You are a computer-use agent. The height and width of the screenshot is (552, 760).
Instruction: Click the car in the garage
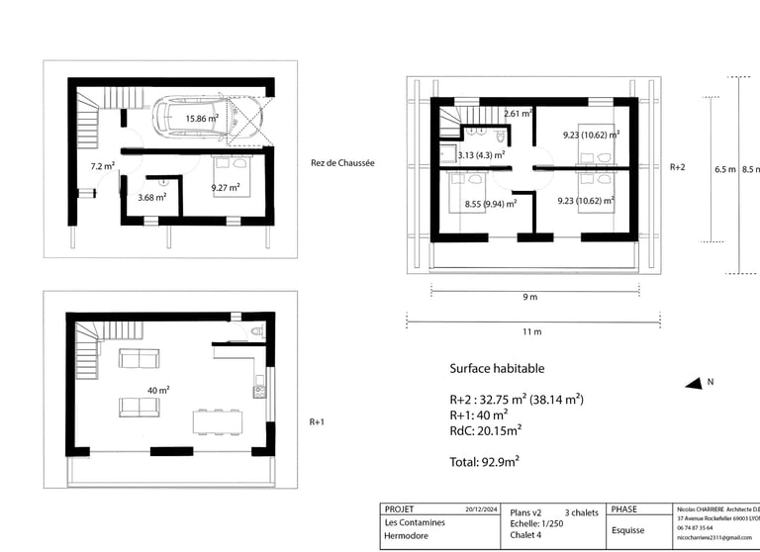tap(208, 118)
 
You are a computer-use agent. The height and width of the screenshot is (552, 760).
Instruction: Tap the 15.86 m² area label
tap(202, 119)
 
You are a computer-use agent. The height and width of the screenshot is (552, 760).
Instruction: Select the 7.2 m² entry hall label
tap(103, 166)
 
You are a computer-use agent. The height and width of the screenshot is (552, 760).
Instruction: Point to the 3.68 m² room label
tap(152, 197)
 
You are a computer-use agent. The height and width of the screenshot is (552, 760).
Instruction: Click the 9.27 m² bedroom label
tap(226, 188)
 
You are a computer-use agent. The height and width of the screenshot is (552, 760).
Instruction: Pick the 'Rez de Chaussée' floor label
tap(342, 163)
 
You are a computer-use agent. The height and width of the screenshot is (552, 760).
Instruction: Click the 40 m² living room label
tap(158, 390)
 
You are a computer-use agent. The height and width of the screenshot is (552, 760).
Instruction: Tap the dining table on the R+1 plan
tap(218, 421)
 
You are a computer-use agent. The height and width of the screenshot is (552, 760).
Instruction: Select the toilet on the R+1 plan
tap(257, 331)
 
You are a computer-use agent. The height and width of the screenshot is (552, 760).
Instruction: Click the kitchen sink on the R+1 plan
tap(260, 391)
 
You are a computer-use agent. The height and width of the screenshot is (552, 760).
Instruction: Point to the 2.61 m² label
tap(519, 114)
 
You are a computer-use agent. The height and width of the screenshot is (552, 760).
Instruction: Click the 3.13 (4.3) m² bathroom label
tap(481, 155)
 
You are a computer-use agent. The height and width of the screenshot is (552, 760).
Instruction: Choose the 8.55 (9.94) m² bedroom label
tap(491, 204)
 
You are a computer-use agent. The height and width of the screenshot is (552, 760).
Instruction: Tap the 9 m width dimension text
tap(530, 297)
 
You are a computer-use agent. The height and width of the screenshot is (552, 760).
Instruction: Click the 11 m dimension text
tap(531, 331)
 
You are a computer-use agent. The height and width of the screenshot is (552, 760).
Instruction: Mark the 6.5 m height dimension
tap(725, 169)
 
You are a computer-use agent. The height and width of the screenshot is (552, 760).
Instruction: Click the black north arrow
tap(694, 384)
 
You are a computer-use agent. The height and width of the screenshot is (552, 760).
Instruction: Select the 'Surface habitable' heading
tap(497, 368)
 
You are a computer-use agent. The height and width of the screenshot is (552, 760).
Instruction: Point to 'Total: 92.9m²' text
tap(484, 462)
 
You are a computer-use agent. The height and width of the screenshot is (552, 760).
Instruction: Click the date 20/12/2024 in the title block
tap(481, 509)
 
